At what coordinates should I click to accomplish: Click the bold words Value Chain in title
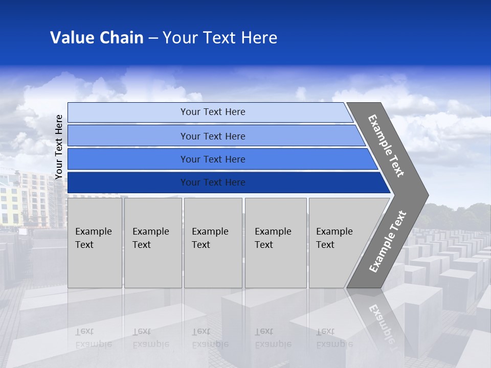[97, 38]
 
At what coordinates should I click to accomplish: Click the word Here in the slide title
[259, 38]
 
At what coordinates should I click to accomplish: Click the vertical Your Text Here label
[59, 147]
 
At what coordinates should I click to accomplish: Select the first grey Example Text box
[95, 243]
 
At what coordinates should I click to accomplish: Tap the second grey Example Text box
[152, 243]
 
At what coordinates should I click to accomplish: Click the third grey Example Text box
[213, 243]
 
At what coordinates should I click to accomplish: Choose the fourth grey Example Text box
[275, 243]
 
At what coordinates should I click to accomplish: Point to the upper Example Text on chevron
[386, 146]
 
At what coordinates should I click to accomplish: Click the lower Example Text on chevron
[388, 242]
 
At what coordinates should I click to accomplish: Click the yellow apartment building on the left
[10, 204]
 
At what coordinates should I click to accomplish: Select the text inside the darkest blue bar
[213, 182]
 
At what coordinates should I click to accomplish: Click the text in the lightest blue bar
[213, 112]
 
